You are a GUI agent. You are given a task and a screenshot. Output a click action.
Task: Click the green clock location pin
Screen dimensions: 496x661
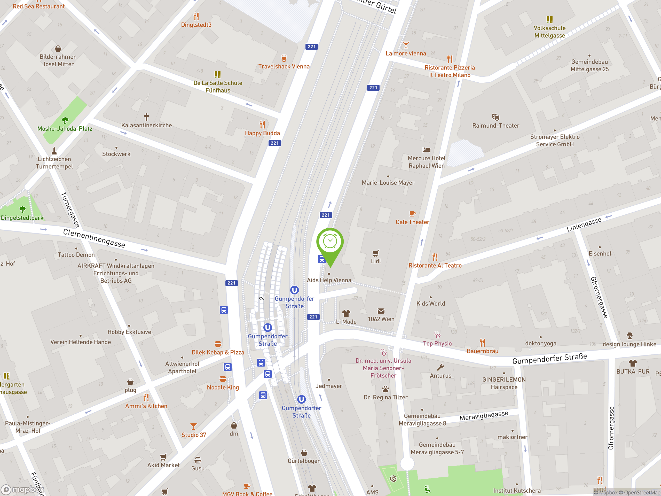point(330,242)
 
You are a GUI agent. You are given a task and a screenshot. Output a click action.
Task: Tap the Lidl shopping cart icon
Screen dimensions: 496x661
point(376,253)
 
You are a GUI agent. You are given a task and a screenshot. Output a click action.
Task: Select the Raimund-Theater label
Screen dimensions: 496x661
point(495,126)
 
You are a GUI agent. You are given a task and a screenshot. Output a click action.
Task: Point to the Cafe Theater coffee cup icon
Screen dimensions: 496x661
point(412,213)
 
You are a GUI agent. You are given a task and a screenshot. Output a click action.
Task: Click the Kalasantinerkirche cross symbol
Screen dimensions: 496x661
point(146,117)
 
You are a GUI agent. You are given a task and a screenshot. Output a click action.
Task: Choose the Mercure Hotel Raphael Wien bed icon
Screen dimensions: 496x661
point(427,150)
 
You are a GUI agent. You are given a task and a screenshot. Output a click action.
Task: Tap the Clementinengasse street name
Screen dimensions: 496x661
point(94,238)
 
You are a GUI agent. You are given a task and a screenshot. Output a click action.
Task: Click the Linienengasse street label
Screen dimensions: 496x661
point(584,224)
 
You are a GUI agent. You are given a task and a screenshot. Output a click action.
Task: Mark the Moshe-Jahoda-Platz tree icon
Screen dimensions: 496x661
point(65,120)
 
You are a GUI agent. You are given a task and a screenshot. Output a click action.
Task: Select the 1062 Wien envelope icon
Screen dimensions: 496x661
point(381,311)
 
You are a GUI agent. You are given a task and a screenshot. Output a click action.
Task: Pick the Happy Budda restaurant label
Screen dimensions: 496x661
point(262,133)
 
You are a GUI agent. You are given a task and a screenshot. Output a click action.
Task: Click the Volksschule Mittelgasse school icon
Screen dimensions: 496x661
point(549,19)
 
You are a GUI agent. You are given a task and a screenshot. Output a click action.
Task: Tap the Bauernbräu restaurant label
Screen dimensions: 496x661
point(482,351)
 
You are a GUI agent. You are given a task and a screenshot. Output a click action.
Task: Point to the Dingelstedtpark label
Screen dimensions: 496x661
point(22,218)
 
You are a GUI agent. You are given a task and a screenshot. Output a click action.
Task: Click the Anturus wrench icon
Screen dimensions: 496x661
point(440,367)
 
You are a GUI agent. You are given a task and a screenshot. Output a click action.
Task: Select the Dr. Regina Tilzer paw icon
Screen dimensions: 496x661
point(385,389)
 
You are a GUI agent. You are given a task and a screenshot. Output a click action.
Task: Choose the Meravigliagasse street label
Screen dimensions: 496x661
point(484,416)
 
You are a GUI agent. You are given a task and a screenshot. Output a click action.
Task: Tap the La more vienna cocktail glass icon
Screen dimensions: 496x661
point(405,45)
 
